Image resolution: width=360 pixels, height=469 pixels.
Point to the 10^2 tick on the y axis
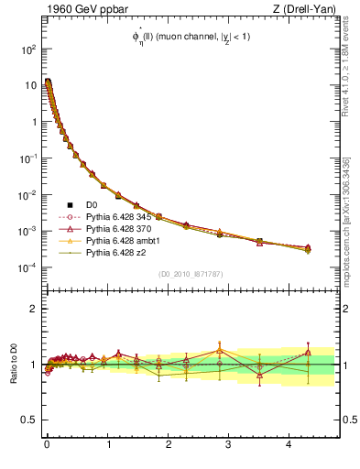(x=27, y=49)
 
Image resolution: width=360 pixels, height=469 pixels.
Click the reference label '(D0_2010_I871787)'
(x=190, y=274)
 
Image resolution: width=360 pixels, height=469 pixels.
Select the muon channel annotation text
(x=190, y=37)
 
